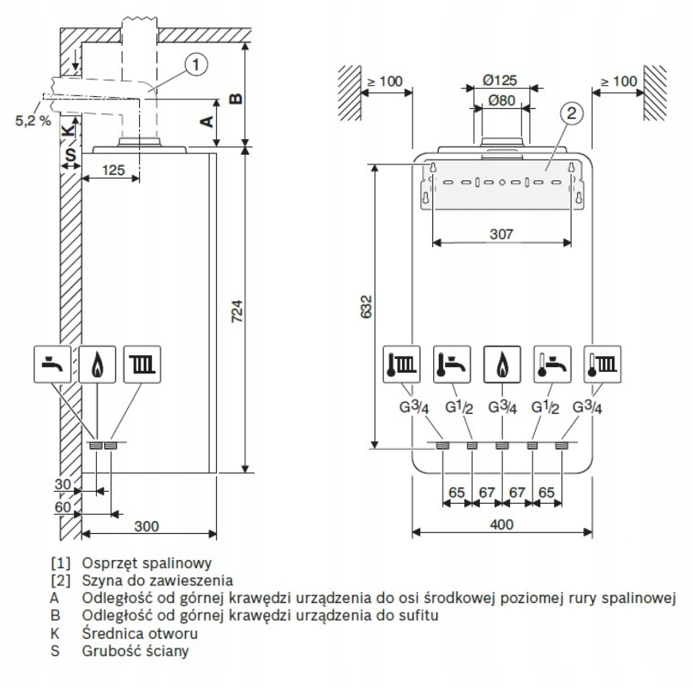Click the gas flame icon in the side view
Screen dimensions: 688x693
(96, 364)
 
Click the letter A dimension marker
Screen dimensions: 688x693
(206, 121)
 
